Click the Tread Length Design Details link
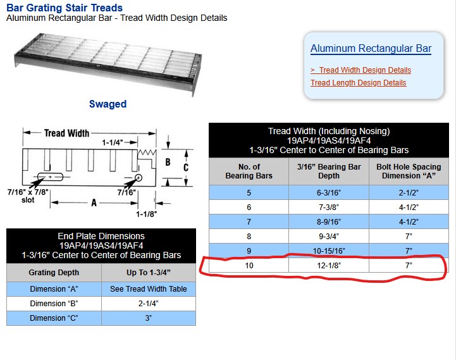click(358, 83)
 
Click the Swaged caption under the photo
click(108, 104)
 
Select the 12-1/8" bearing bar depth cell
click(329, 266)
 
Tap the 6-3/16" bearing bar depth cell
click(329, 193)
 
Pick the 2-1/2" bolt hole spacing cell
click(409, 193)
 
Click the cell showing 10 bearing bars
click(249, 266)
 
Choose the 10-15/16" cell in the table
click(329, 251)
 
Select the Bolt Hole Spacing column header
click(409, 171)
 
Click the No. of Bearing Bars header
click(249, 171)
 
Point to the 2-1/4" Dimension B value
click(149, 304)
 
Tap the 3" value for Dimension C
click(149, 318)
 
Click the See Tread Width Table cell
click(149, 289)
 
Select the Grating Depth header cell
click(54, 273)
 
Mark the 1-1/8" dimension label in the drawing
click(147, 214)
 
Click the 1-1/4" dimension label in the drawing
click(112, 142)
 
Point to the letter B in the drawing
click(168, 162)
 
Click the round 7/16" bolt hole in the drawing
click(139, 178)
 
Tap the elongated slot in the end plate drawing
click(50, 177)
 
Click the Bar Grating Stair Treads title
click(65, 8)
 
